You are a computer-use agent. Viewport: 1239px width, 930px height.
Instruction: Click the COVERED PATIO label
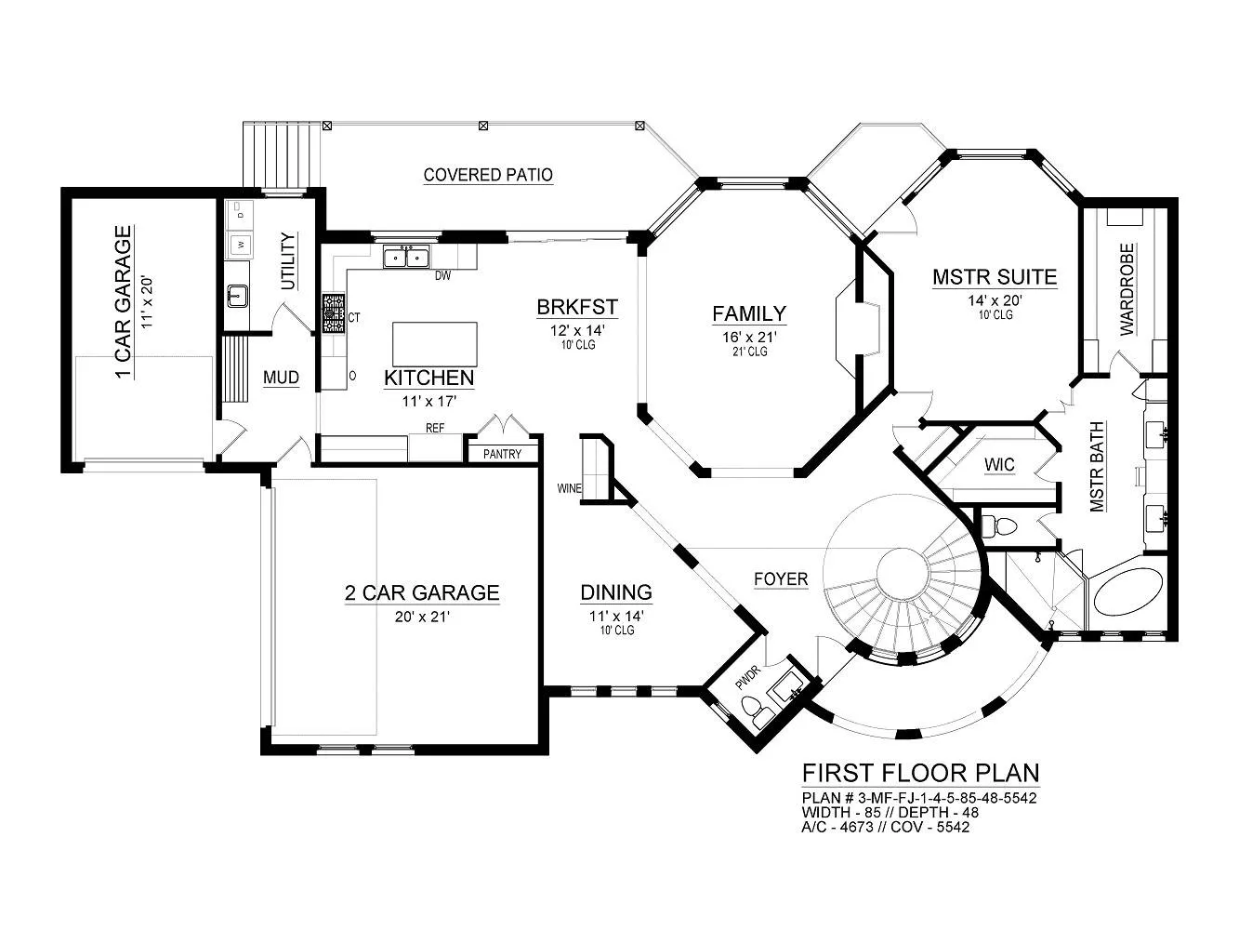(x=488, y=175)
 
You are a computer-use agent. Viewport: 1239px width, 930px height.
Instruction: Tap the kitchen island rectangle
(x=435, y=344)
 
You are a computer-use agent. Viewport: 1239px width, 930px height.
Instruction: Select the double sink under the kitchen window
(x=406, y=257)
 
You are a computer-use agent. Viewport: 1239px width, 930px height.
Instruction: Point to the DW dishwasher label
(x=443, y=276)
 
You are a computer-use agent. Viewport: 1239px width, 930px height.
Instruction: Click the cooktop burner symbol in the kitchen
(x=334, y=312)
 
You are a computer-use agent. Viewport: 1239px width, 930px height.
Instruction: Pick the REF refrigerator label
(x=435, y=428)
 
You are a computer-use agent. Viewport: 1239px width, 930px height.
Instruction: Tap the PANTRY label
(x=502, y=454)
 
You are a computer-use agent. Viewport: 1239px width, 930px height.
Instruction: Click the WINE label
(x=569, y=488)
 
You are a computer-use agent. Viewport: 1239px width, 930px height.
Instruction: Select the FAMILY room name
(x=749, y=313)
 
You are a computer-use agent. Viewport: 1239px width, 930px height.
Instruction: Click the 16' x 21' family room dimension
(x=749, y=337)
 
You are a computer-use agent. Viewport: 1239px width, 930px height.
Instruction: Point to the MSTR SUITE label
(x=995, y=277)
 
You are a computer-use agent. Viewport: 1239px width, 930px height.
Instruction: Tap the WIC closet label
(x=999, y=465)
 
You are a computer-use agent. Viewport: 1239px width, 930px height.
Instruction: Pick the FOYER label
(x=781, y=578)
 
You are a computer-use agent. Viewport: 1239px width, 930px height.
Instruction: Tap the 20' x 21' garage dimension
(x=422, y=617)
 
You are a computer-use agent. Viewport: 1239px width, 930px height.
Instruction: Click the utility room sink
(x=238, y=296)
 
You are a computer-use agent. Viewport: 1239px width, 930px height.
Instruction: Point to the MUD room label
(x=281, y=378)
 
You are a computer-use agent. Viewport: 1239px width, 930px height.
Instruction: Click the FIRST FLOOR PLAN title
(x=920, y=773)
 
